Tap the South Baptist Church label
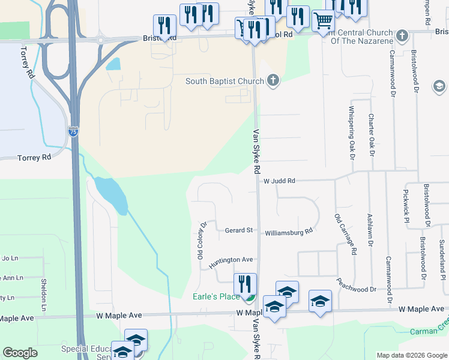click(x=224, y=82)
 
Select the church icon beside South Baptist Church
click(x=273, y=80)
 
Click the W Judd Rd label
click(x=279, y=181)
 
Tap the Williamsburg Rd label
click(x=289, y=231)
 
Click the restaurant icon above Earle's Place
click(x=245, y=283)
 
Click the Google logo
click(x=20, y=353)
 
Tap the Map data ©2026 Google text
click(x=411, y=355)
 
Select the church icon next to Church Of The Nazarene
click(x=402, y=36)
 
